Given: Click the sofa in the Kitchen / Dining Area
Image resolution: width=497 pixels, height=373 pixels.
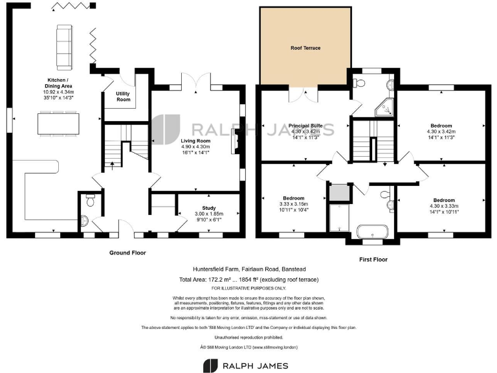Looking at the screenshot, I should pyautogui.click(x=65, y=47).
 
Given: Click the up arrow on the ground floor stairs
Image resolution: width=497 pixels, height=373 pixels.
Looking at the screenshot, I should pyautogui.click(x=113, y=164).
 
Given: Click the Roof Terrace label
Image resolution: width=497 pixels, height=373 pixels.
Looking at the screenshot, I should pyautogui.click(x=305, y=48).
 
